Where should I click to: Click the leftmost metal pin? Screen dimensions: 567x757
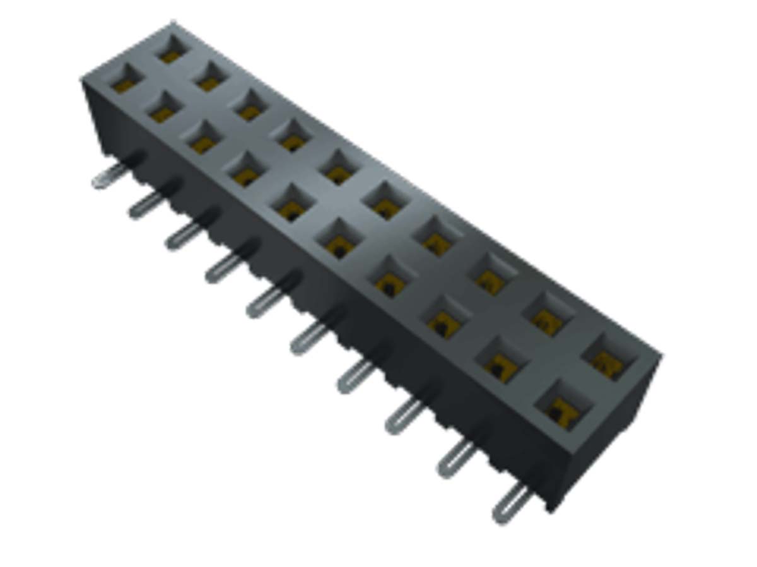107,177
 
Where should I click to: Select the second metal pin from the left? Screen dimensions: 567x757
145,204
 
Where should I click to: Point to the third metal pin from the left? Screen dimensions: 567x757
182,236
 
